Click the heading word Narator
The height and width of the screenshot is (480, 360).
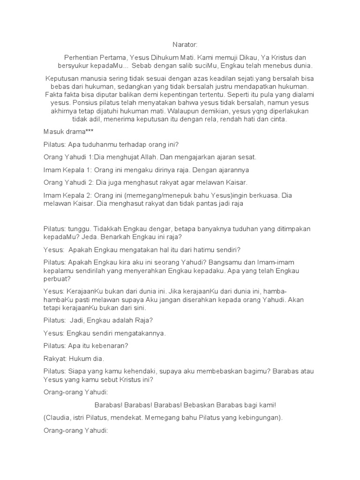(x=186, y=44)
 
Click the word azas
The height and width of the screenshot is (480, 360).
(x=199, y=78)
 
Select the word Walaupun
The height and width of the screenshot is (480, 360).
(x=211, y=112)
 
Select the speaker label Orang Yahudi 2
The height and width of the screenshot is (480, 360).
(x=68, y=182)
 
